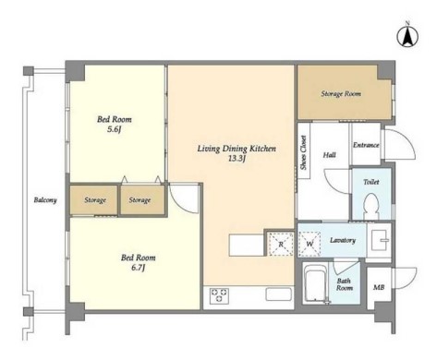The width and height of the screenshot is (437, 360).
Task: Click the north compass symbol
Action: pyautogui.click(x=407, y=36)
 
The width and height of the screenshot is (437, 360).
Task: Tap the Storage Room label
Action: pyautogui.click(x=341, y=93)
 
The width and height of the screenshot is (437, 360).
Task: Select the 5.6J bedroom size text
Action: pyautogui.click(x=115, y=129)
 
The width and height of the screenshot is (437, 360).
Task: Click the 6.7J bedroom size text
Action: pyautogui.click(x=139, y=268)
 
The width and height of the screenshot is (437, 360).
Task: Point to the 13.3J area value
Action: pyautogui.click(x=237, y=159)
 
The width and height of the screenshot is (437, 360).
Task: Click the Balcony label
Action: pyautogui.click(x=45, y=200)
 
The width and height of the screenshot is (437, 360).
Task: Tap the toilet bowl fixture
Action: pyautogui.click(x=370, y=206)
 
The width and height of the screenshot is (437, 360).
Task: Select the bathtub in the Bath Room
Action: pyautogui.click(x=315, y=282)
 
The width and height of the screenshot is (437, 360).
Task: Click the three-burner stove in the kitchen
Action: pyautogui.click(x=219, y=295)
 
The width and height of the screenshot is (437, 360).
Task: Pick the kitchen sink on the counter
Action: pyautogui.click(x=279, y=294)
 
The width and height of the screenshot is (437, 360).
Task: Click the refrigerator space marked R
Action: pyautogui.click(x=281, y=244)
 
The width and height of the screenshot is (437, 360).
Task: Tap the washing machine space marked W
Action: pyautogui.click(x=310, y=244)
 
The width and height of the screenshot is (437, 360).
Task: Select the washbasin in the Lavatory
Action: pyautogui.click(x=380, y=240)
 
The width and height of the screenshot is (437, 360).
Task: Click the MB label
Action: pyautogui.click(x=379, y=288)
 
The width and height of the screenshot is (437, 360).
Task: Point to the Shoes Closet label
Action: pyautogui.click(x=304, y=152)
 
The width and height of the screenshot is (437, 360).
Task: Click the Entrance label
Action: pyautogui.click(x=366, y=145)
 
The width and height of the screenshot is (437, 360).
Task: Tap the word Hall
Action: pyautogui.click(x=330, y=155)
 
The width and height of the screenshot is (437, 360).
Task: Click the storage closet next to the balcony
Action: pyautogui.click(x=93, y=200)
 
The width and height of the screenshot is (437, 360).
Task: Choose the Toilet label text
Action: pyautogui.click(x=371, y=182)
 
